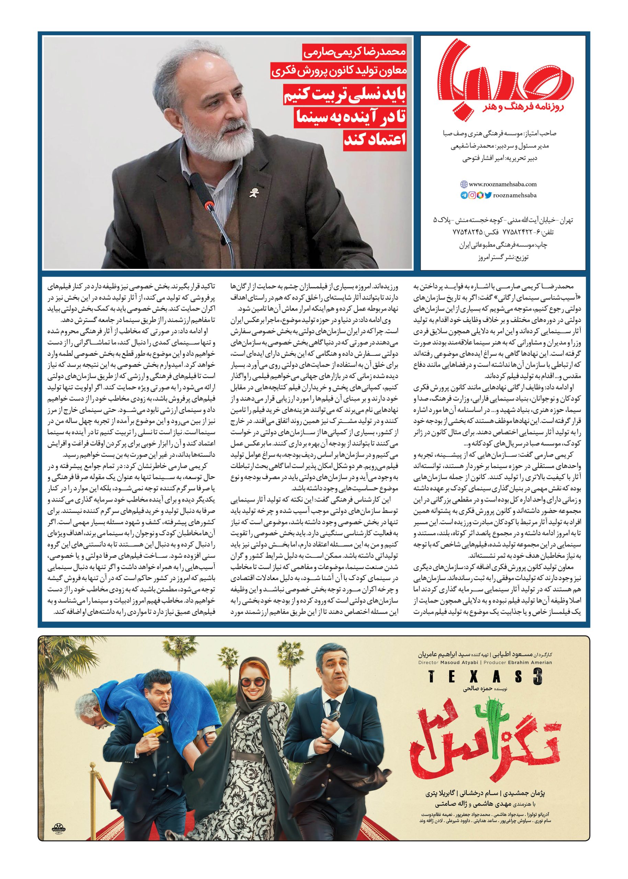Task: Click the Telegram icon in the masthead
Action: tap(464, 196)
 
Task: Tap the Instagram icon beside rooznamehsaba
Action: tap(471, 196)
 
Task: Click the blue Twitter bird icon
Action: tap(488, 196)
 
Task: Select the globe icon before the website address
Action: tap(464, 185)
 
